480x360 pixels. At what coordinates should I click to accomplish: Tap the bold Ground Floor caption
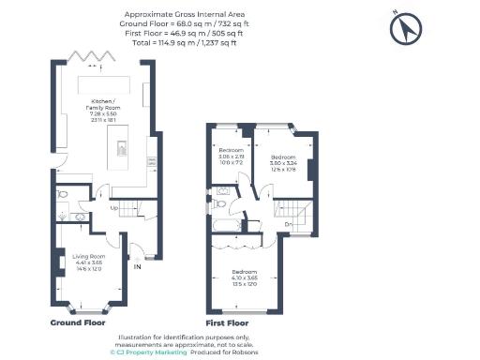tap(78, 321)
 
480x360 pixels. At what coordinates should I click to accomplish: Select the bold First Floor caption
tap(225, 321)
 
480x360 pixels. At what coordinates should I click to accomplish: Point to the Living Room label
tap(89, 264)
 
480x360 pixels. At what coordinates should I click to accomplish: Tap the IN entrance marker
tap(137, 266)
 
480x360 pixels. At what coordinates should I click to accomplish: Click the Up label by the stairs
tap(114, 207)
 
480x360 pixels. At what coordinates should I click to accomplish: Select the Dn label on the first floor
tap(289, 224)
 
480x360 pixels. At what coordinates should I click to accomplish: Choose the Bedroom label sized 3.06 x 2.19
tap(231, 156)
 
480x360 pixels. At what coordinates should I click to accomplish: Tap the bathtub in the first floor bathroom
tap(229, 226)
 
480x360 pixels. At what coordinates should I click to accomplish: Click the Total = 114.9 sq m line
tap(180, 42)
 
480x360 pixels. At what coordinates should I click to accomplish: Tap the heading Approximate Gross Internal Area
tap(180, 15)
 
